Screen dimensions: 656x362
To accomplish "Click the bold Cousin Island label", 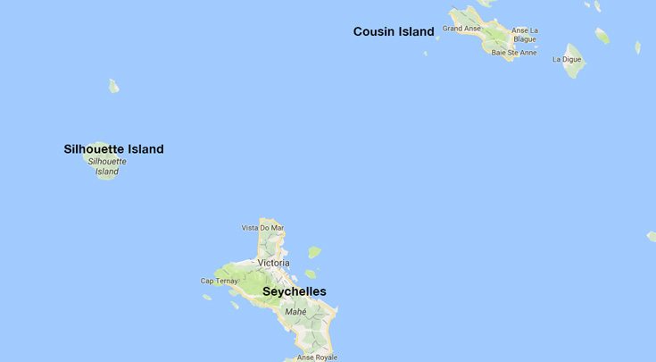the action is pos(394,32).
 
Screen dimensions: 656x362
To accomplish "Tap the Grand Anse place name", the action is pos(461,29).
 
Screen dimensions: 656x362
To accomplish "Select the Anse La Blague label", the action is pos(525,35).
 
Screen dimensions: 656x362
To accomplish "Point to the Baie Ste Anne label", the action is pos(514,53).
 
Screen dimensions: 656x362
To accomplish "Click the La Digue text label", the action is pos(566,60).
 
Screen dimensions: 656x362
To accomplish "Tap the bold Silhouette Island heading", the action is pos(113,149).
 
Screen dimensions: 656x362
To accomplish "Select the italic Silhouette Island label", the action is pos(107,166).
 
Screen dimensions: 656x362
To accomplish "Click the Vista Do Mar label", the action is pos(263,228).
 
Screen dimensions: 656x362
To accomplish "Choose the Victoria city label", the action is pos(273,263).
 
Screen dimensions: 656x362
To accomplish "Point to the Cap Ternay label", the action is pos(219,281).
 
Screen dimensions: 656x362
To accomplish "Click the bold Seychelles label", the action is pos(294,291).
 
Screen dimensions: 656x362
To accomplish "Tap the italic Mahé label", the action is pos(295,311).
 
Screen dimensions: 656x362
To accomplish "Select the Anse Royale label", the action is pos(317,358).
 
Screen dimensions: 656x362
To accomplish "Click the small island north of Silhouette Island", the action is pos(113,86).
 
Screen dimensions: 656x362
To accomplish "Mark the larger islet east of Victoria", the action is pos(313,253).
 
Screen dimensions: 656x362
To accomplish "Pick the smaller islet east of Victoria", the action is pos(310,274).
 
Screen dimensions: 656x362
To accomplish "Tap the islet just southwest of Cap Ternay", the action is pos(207,297).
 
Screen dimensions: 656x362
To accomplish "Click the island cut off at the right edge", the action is pos(652,237).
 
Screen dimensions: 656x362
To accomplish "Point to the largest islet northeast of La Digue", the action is pos(602,36).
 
